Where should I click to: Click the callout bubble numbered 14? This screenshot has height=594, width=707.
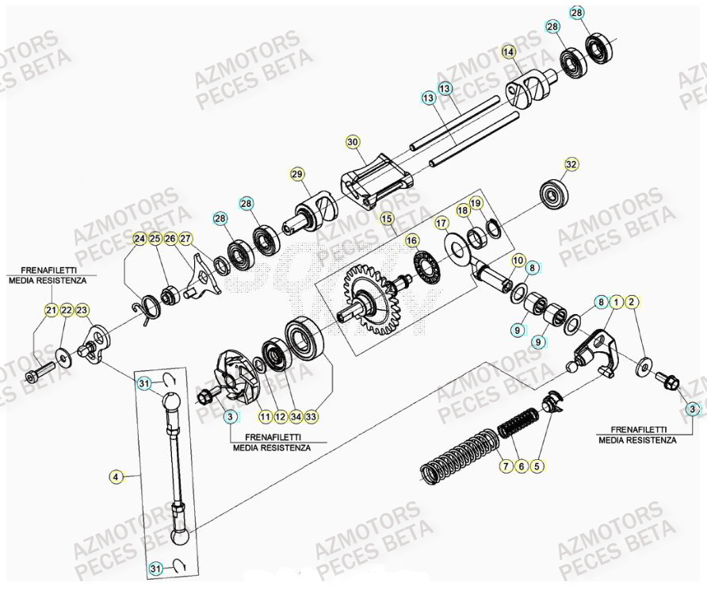pyautogui.click(x=508, y=52)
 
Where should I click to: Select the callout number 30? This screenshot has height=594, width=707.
pyautogui.click(x=353, y=142)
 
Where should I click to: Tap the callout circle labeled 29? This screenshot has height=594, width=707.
pyautogui.click(x=297, y=174)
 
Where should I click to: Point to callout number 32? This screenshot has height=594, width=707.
pyautogui.click(x=571, y=164)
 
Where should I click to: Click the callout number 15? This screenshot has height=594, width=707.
pyautogui.click(x=387, y=217)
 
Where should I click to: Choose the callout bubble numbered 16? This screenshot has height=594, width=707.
pyautogui.click(x=411, y=240)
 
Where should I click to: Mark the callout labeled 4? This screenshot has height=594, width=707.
pyautogui.click(x=117, y=477)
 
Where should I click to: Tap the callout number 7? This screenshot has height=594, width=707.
pyautogui.click(x=505, y=466)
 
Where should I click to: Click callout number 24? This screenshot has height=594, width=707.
pyautogui.click(x=139, y=239)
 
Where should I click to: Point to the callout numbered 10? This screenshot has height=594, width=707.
pyautogui.click(x=518, y=260)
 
